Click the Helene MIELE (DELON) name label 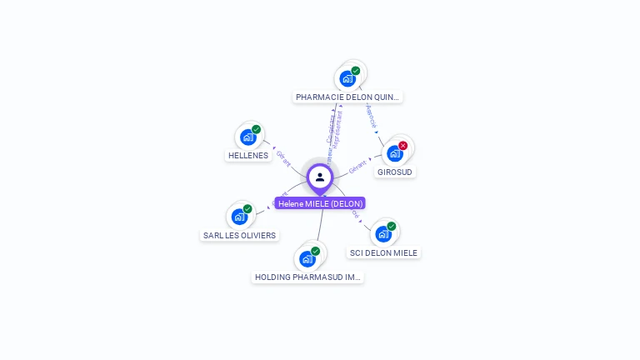[320, 203]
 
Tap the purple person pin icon [320, 177]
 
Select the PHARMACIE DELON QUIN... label [347, 97]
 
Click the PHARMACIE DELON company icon [347, 78]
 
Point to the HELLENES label [248, 155]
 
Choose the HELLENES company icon [247, 137]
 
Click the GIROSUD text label [395, 172]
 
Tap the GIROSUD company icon [395, 153]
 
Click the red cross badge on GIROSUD [403, 146]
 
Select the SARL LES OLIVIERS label [239, 235]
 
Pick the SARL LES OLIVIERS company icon [240, 217]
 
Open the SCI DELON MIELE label [383, 252]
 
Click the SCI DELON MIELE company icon [383, 233]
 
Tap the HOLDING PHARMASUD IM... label [307, 277]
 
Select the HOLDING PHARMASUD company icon [307, 258]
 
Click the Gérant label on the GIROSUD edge [358, 166]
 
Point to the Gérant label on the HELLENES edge [283, 157]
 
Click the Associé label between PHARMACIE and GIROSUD [372, 116]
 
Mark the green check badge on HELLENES [257, 129]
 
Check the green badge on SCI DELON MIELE [392, 226]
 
